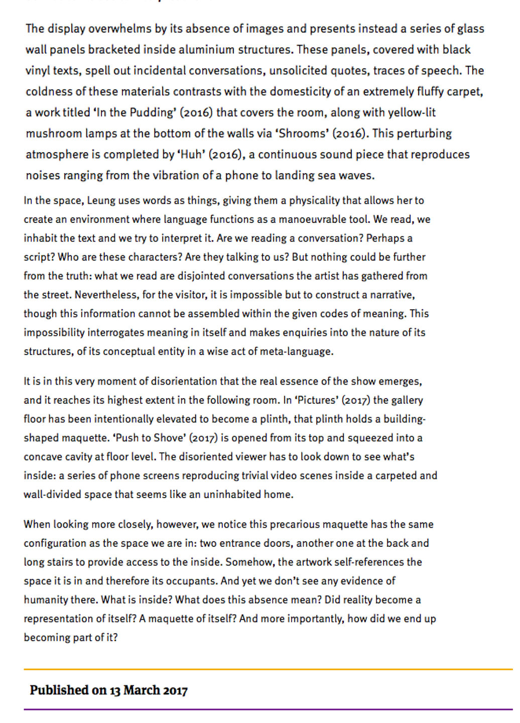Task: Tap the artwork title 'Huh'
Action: click(190, 155)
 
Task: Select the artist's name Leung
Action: click(101, 201)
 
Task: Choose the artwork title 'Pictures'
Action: click(316, 400)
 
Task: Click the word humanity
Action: click(46, 600)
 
